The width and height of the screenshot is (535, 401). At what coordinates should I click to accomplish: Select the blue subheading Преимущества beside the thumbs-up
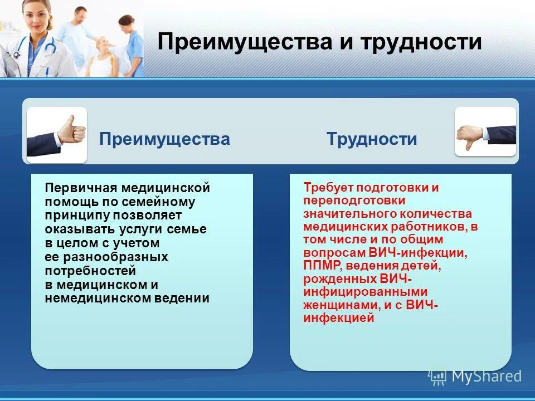click(164, 139)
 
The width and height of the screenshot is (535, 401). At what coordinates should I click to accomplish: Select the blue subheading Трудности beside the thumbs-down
click(372, 139)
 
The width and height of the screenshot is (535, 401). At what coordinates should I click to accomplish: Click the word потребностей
click(90, 271)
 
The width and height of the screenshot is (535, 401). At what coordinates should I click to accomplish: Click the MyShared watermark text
click(486, 376)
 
